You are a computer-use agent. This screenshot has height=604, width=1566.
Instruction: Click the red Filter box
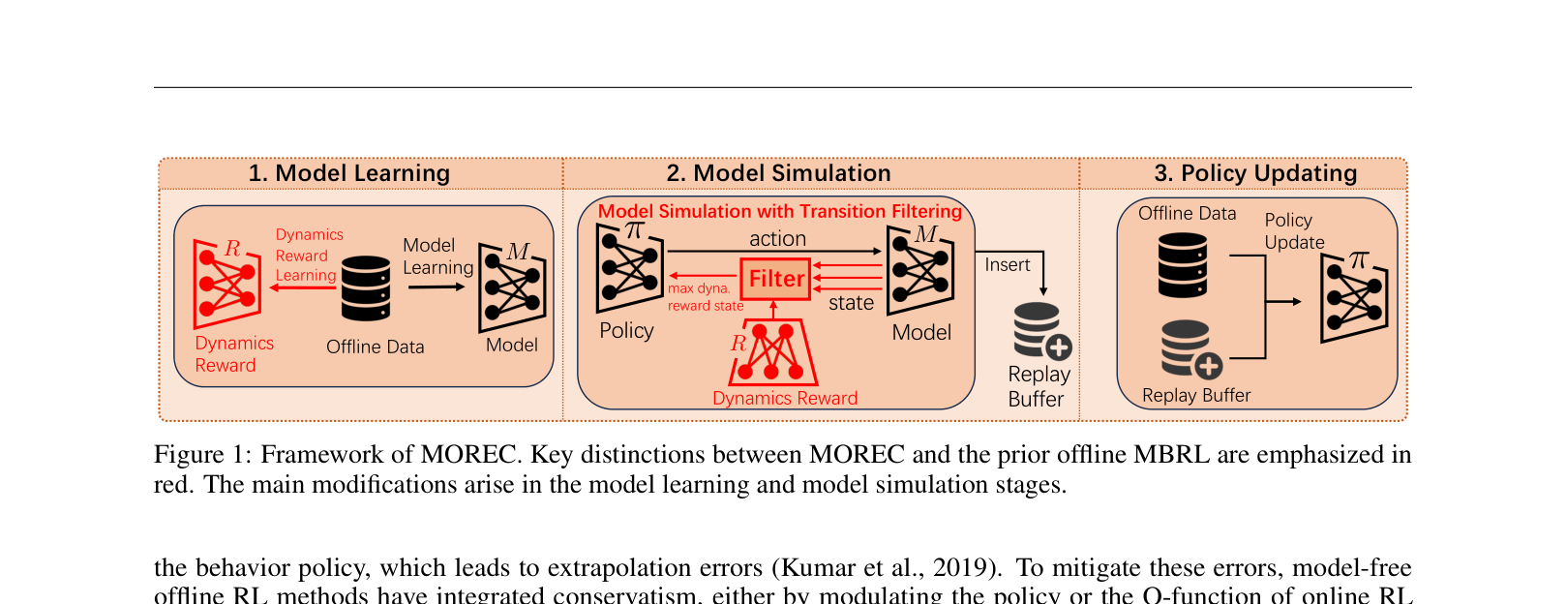tap(775, 279)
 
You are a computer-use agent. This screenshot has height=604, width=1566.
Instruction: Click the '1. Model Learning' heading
tap(348, 173)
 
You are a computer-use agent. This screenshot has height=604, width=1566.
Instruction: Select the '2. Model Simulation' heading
tap(778, 173)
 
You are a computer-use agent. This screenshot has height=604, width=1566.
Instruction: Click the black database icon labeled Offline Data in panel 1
tap(366, 288)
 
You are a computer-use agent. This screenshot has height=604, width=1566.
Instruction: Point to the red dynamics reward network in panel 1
tap(227, 284)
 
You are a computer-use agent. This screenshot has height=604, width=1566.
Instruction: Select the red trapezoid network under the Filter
tap(772, 353)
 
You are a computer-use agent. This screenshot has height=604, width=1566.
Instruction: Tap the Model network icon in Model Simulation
tap(920, 270)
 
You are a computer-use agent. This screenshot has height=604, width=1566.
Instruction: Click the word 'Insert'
tap(1007, 265)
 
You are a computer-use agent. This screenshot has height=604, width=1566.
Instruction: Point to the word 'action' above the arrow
tap(777, 239)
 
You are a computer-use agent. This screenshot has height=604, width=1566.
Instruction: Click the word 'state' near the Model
tap(851, 303)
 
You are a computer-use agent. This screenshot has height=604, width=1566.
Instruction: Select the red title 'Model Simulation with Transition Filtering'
tap(779, 211)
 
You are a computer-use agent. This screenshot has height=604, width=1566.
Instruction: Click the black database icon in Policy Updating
tap(1183, 265)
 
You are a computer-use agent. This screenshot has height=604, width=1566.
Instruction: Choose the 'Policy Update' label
tap(1294, 231)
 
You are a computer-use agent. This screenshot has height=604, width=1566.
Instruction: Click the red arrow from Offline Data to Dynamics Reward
tap(303, 287)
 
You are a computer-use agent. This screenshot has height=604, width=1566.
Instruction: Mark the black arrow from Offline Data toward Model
tap(437, 287)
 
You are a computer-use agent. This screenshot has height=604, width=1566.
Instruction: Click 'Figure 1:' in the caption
tap(202, 455)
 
